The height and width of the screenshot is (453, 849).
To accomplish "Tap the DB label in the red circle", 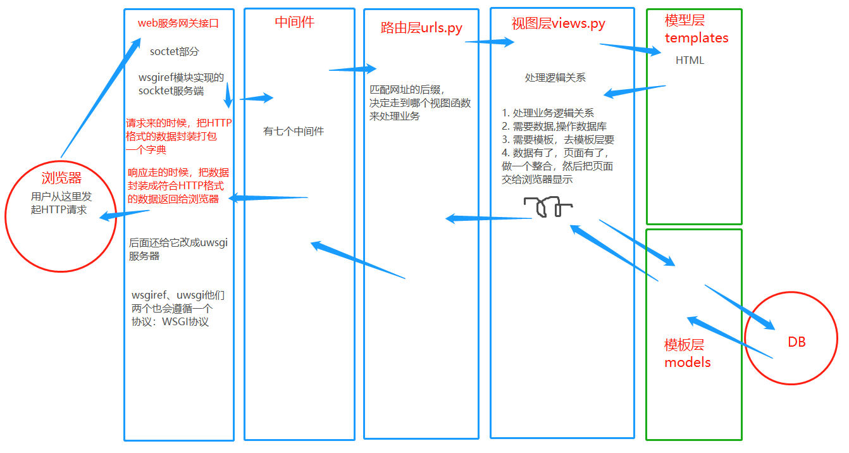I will pos(796,342).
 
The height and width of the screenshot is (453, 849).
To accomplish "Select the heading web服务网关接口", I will pos(178,23).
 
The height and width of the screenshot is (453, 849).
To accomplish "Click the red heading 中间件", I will pos(294,22).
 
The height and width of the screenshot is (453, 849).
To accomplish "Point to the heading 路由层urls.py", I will pos(421,28).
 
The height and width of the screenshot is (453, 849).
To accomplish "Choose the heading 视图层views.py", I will pos(558,24).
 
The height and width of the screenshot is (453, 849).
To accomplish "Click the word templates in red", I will pos(696,38).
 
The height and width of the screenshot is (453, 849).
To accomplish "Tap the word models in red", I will pos(687,363).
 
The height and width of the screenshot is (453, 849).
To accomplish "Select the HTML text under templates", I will pos(690,61).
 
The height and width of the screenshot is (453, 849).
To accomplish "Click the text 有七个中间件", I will pos(294,132).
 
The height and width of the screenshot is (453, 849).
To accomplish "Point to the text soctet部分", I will pos(175,51).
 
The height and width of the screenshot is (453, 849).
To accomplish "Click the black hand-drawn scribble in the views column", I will pos(547,207).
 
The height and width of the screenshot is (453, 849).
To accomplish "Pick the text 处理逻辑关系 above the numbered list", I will pos(555,78).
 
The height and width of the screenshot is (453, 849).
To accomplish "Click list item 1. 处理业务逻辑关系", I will pos(548,113).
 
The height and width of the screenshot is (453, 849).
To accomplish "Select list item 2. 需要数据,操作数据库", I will pos(554,127).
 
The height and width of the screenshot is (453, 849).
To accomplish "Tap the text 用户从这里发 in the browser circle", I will pos(61,197).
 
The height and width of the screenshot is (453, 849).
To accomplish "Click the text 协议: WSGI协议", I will pos(170,321).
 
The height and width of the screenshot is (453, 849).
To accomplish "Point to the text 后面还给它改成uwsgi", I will pos(178,242).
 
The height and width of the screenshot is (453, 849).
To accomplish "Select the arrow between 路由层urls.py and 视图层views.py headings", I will pos(490,42).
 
